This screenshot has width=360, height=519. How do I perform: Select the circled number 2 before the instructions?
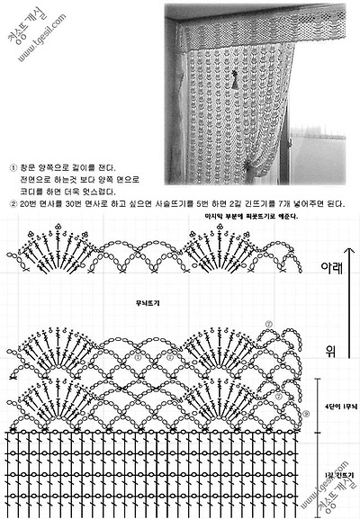click(x=12, y=204)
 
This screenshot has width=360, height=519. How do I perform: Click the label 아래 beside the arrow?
click(x=332, y=268)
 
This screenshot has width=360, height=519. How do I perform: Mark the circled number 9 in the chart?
click(x=307, y=415)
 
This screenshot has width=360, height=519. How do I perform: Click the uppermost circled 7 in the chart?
click(x=267, y=324)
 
